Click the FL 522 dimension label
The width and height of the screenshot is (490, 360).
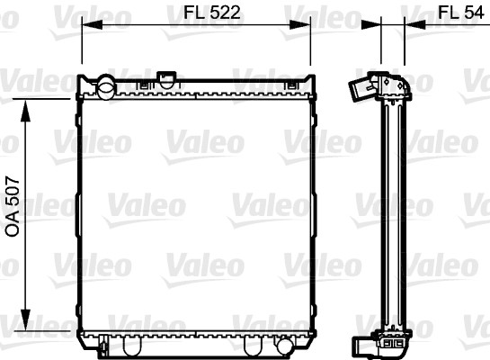pyautogui.click(x=212, y=13)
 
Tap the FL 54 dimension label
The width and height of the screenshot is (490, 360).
pyautogui.click(x=460, y=13)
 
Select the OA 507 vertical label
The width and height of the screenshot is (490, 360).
pyautogui.click(x=13, y=206)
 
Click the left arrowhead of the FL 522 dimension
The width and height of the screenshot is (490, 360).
pyautogui.click(x=92, y=24)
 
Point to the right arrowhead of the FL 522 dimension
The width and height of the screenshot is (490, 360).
pyautogui.click(x=299, y=24)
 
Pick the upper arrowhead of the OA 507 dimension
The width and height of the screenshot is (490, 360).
pyautogui.click(x=25, y=111)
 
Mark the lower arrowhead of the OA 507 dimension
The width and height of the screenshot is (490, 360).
pyautogui.click(x=25, y=319)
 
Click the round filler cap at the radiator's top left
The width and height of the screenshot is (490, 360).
pyautogui.click(x=106, y=87)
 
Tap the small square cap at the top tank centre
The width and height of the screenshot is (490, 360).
pyautogui.click(x=167, y=79)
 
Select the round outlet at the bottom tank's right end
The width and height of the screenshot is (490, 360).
pyautogui.click(x=285, y=346)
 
